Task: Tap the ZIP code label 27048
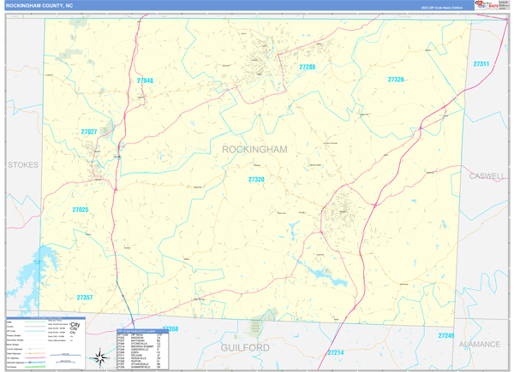(x=145, y=80)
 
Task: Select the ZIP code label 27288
(x=307, y=67)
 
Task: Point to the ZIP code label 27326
(x=395, y=79)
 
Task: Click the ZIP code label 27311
(x=481, y=64)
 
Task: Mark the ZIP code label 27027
(x=89, y=132)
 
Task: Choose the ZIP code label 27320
(x=256, y=180)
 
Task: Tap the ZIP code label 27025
(x=81, y=210)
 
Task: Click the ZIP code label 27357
(x=84, y=298)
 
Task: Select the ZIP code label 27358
(x=170, y=329)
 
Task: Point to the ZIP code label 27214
(x=335, y=352)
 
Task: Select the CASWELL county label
(x=487, y=174)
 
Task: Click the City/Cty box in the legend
(x=77, y=327)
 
